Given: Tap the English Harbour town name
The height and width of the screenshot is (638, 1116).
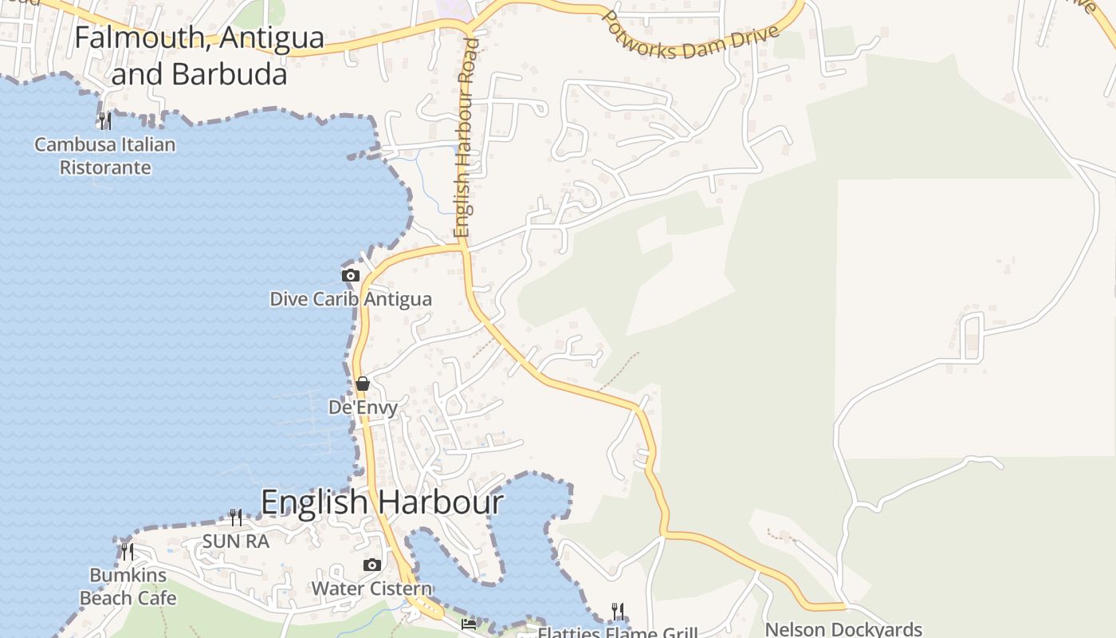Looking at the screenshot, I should (x=382, y=502).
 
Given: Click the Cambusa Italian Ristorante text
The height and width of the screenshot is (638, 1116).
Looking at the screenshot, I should (x=105, y=156).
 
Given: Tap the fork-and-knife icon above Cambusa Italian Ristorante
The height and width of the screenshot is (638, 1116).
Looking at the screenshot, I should (x=104, y=121).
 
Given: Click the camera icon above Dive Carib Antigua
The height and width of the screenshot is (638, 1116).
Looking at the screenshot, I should (x=350, y=275).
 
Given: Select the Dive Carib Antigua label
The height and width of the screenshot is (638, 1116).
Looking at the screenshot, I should (x=351, y=299).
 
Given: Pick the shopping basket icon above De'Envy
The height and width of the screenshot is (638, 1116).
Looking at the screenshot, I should (x=363, y=384).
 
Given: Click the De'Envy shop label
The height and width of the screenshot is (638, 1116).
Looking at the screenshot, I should (x=363, y=407).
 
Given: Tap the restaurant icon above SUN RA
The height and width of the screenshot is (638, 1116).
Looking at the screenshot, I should (x=236, y=518).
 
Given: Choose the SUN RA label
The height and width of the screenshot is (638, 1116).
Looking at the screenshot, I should (x=236, y=542).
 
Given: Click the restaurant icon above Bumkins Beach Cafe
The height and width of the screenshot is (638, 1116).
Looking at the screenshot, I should (x=128, y=551).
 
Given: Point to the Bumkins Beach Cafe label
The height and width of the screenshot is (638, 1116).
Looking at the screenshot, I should (x=128, y=586).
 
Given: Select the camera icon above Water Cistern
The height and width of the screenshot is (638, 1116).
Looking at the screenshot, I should (x=371, y=565).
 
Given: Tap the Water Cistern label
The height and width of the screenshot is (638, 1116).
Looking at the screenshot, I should (x=371, y=589).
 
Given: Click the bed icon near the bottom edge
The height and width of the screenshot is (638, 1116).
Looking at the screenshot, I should (x=469, y=624).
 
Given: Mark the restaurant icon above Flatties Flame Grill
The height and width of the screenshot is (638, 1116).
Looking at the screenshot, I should (x=618, y=612).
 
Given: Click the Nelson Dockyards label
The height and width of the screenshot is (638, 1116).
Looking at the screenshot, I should (x=843, y=629).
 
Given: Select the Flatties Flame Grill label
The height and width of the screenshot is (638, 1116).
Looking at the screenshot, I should (x=618, y=632).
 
